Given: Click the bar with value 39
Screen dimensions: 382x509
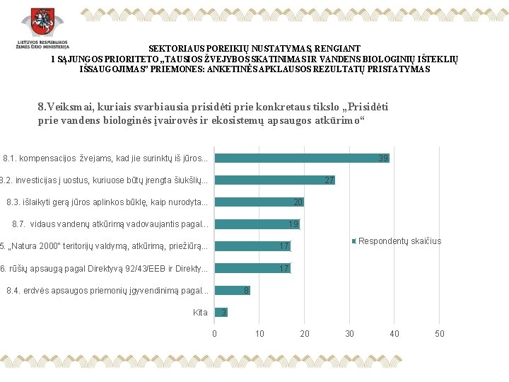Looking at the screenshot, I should pos(302,158).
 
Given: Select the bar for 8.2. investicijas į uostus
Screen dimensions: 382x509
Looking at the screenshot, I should pos(274,180).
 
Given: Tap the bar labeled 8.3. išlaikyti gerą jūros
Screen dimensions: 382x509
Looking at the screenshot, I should pos(259,202).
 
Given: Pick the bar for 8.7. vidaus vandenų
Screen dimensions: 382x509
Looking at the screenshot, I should pos(257,224).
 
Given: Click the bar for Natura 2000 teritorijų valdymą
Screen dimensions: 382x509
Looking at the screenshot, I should pos(252,246).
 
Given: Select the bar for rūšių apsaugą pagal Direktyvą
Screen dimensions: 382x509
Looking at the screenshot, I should pos(252,268).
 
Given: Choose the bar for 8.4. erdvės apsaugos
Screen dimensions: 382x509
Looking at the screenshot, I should pos(232,290).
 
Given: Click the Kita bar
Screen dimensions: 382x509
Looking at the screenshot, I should pos(221,312).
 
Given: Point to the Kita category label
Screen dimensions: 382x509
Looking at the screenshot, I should pos(200,312).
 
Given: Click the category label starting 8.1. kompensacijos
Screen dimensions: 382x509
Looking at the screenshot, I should pos(105,158).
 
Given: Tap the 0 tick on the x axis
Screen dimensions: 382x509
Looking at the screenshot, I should pos(214,333).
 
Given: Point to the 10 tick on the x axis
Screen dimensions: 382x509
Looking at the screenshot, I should pos(259,333).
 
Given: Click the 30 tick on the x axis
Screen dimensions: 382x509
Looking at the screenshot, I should pos(349,333).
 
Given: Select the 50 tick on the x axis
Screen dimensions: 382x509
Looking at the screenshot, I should pos(439,333).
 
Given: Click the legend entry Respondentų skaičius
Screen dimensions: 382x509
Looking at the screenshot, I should pos(399,241).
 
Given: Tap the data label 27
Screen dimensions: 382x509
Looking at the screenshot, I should pos(329,180).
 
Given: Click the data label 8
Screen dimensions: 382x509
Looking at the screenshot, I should pos(246,290).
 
